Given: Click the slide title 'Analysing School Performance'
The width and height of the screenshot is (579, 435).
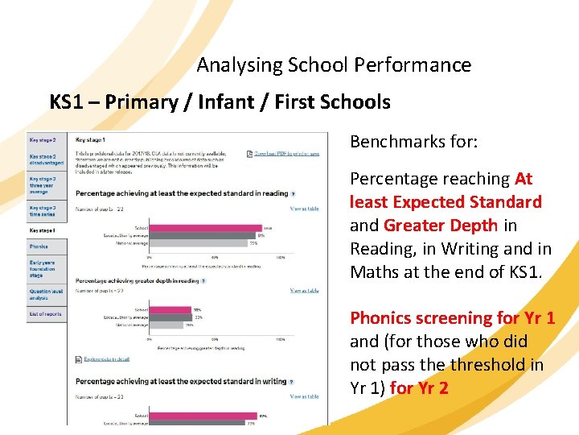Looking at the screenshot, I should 334,64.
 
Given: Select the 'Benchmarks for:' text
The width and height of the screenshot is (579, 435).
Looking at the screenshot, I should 413,142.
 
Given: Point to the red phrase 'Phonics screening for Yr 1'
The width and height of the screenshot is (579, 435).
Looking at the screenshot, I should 452,318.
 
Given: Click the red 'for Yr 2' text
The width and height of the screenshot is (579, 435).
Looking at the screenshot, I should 419,388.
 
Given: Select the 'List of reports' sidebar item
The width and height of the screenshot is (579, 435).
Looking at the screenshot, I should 45,313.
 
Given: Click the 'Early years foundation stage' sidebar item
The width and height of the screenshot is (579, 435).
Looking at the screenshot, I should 45,268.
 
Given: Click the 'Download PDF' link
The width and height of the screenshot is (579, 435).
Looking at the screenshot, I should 286,153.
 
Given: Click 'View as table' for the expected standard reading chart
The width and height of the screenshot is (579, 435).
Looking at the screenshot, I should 304,209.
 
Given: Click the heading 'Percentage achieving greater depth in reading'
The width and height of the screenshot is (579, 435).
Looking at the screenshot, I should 136,281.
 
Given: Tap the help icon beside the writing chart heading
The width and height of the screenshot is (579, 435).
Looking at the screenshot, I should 292,382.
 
